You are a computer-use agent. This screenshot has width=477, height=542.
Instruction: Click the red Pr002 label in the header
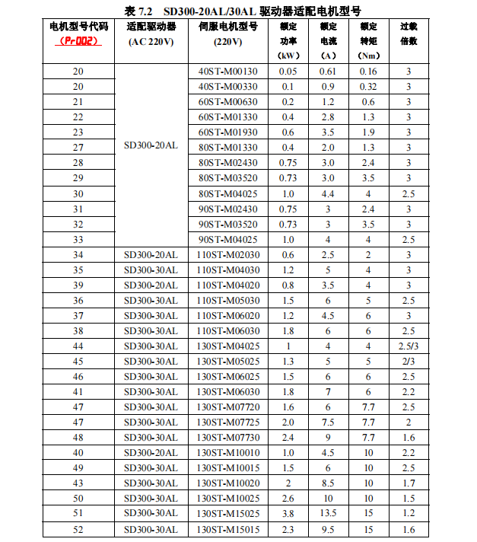tap(78, 41)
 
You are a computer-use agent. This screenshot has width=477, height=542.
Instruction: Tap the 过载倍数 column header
tap(409, 33)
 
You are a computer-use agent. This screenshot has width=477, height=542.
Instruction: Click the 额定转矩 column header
tap(368, 40)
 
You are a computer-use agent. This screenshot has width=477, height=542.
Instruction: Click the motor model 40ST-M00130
tap(227, 72)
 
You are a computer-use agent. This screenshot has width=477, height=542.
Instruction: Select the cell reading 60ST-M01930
tap(227, 132)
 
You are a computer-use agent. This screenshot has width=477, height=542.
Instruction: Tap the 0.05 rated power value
tap(288, 72)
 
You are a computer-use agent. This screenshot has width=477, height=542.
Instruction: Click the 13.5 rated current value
tap(328, 514)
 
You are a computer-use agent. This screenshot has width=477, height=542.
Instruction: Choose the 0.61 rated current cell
tap(328, 72)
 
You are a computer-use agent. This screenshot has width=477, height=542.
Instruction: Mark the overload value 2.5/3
tap(409, 346)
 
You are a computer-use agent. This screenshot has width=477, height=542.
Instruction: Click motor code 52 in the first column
tap(78, 529)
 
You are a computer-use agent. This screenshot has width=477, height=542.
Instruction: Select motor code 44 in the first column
tap(78, 346)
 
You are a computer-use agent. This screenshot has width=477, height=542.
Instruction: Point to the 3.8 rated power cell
tap(288, 514)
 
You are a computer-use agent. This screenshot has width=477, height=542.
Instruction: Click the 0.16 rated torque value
tap(368, 72)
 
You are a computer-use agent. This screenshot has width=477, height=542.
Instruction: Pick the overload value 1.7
tap(409, 483)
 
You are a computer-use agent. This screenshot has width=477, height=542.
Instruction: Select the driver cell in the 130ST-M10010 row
tap(151, 453)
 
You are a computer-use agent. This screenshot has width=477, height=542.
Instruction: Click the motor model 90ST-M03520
tap(227, 225)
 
